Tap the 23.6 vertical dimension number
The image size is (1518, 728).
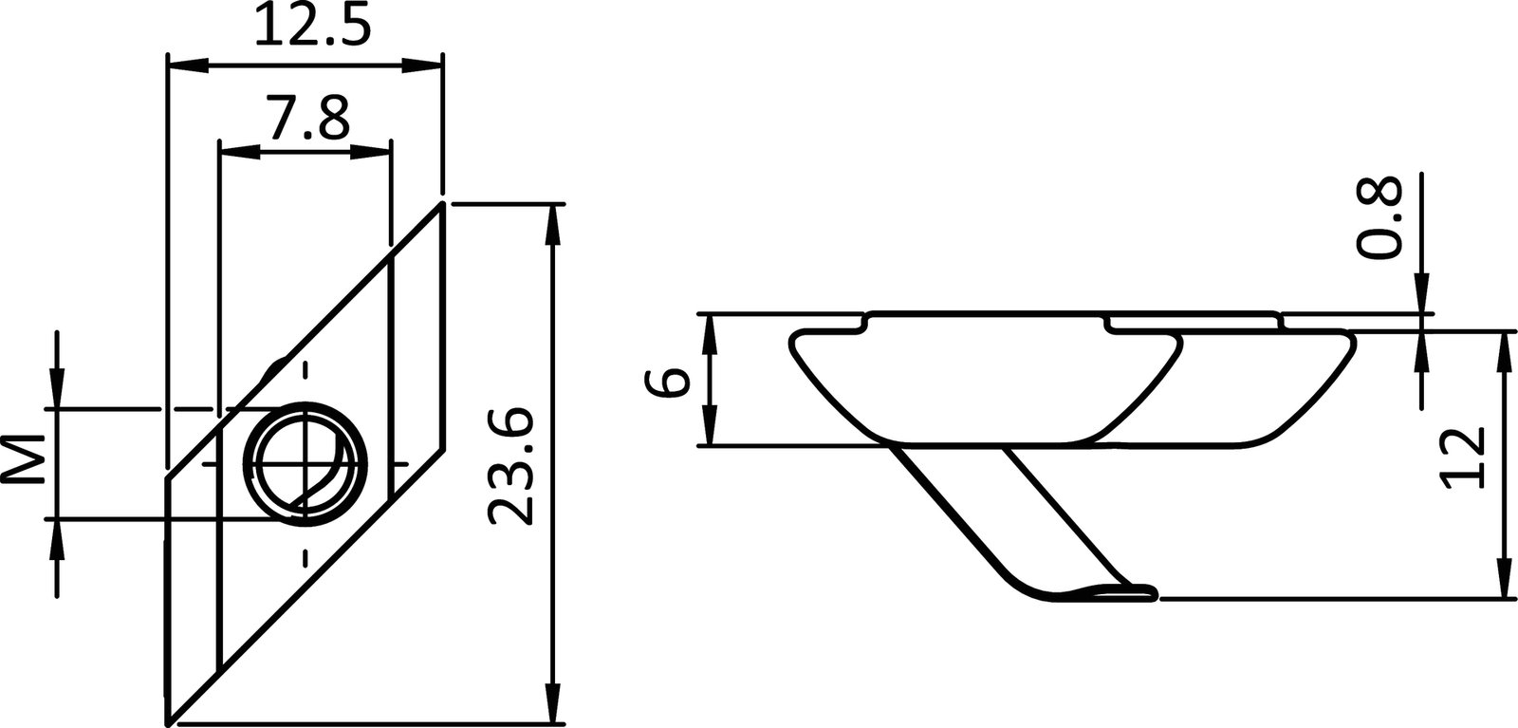tap(509, 466)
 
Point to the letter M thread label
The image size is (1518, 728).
tap(28, 462)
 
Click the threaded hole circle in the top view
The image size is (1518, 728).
tap(305, 463)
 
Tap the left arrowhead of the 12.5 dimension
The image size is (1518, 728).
tap(187, 65)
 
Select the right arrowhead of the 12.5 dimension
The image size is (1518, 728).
tap(423, 65)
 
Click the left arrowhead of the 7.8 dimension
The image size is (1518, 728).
tap(238, 150)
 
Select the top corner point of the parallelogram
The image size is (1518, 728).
tap(442, 201)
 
